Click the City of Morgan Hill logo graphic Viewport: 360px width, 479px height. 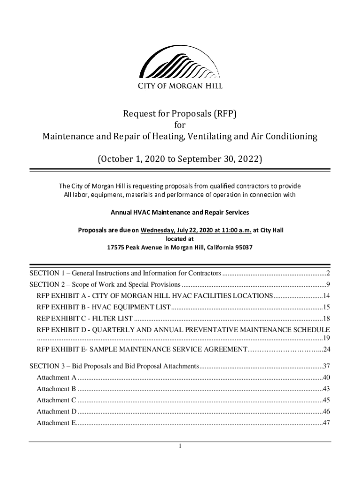(x=180, y=62)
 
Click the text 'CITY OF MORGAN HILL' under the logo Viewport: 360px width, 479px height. (x=180, y=86)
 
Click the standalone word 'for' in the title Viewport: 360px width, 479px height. (x=180, y=125)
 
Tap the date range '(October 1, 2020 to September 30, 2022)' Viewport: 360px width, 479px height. (x=180, y=159)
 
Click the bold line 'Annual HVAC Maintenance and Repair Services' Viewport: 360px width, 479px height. (x=180, y=212)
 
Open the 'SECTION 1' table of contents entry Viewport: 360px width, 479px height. (x=125, y=273)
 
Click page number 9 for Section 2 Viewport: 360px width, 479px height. (x=329, y=284)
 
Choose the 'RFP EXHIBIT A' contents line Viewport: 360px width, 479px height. (x=154, y=296)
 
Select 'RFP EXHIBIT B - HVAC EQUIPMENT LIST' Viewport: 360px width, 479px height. (x=104, y=307)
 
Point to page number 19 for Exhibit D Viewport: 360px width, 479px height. (x=327, y=338)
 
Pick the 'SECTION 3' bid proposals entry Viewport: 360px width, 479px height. (x=114, y=366)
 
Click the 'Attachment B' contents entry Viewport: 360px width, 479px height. (x=56, y=389)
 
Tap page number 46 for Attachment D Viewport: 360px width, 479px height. (x=326, y=412)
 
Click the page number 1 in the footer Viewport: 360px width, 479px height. (x=180, y=446)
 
